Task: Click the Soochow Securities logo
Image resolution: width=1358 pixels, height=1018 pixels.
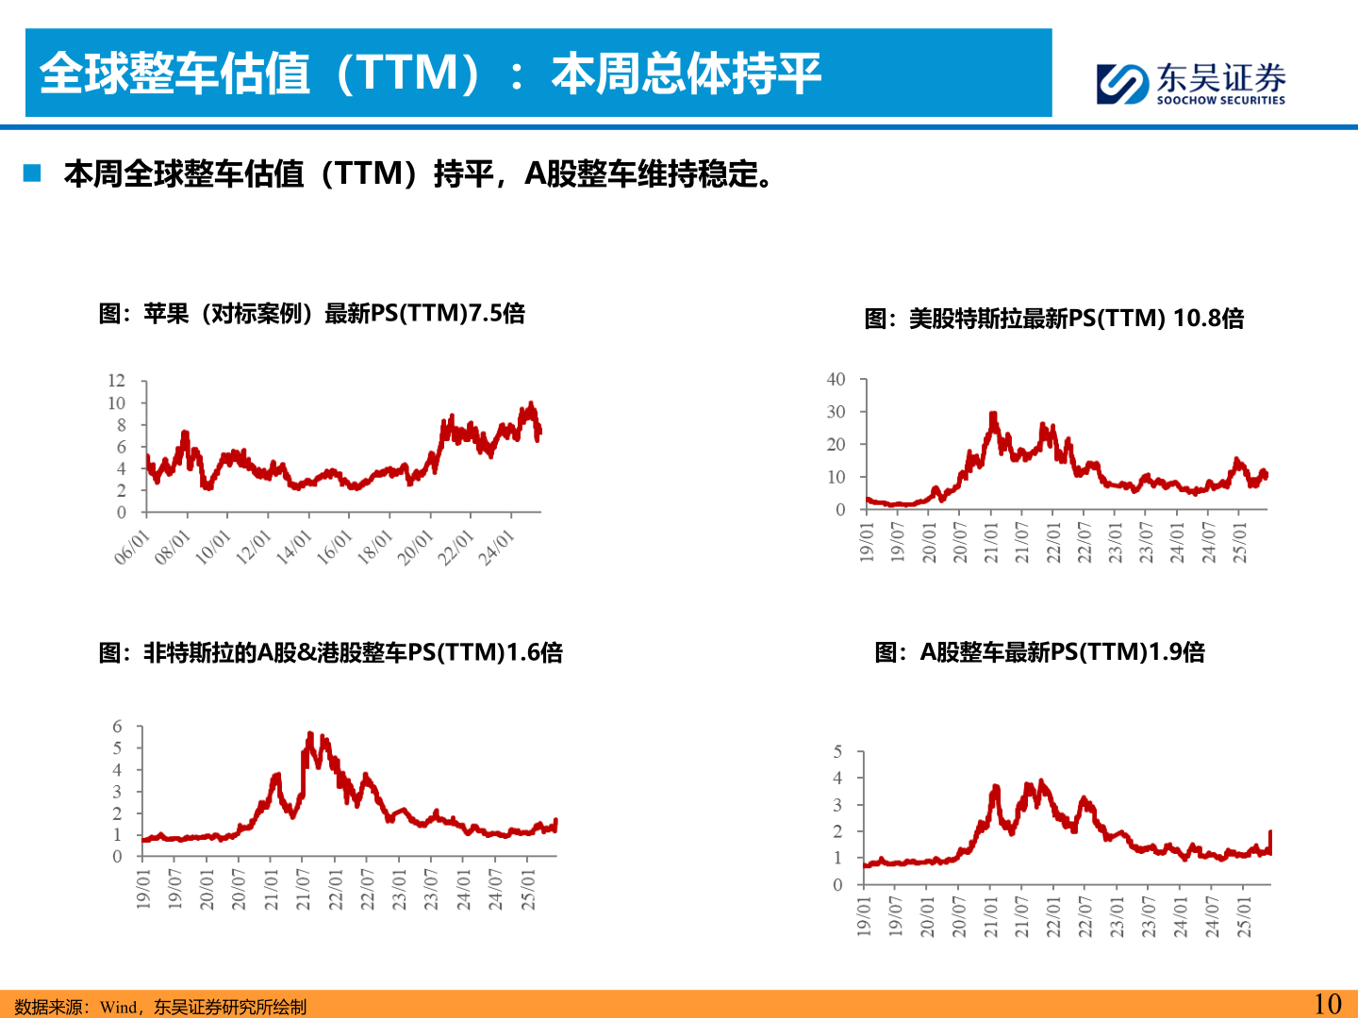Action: [x=1190, y=83]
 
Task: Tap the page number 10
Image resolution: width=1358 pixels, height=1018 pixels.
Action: [x=1327, y=1004]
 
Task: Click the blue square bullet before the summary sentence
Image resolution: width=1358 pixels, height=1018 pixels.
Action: [x=33, y=173]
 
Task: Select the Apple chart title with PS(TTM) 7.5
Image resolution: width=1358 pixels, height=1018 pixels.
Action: [x=311, y=313]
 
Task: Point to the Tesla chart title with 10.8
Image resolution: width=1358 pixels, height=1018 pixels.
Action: [x=1053, y=319]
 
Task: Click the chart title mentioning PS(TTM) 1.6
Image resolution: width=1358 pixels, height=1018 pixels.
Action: [x=330, y=652]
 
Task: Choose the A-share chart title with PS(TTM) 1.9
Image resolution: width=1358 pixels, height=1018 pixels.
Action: [x=1039, y=652]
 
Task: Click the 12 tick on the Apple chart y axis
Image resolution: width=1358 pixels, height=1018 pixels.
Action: [x=116, y=381]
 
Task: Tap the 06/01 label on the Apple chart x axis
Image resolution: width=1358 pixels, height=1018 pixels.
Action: [x=132, y=548]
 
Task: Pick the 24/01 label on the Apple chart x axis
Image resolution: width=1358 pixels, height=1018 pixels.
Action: [x=496, y=548]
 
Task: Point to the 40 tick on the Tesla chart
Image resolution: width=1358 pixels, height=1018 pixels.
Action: [x=836, y=379]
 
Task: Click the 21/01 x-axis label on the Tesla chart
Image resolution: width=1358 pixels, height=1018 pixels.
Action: [x=991, y=543]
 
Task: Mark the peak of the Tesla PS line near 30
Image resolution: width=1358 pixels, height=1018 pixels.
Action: [x=993, y=415]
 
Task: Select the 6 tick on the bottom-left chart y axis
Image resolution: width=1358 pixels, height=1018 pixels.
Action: [x=117, y=726]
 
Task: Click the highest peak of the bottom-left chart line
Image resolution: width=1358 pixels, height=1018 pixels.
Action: [x=310, y=734]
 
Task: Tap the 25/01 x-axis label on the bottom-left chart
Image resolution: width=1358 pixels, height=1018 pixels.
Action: [x=528, y=890]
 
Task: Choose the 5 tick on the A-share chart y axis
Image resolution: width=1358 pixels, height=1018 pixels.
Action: [x=837, y=751]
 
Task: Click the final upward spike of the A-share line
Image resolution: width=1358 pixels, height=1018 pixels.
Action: [x=1270, y=833]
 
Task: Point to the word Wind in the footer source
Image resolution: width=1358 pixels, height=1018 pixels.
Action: [x=118, y=1007]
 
